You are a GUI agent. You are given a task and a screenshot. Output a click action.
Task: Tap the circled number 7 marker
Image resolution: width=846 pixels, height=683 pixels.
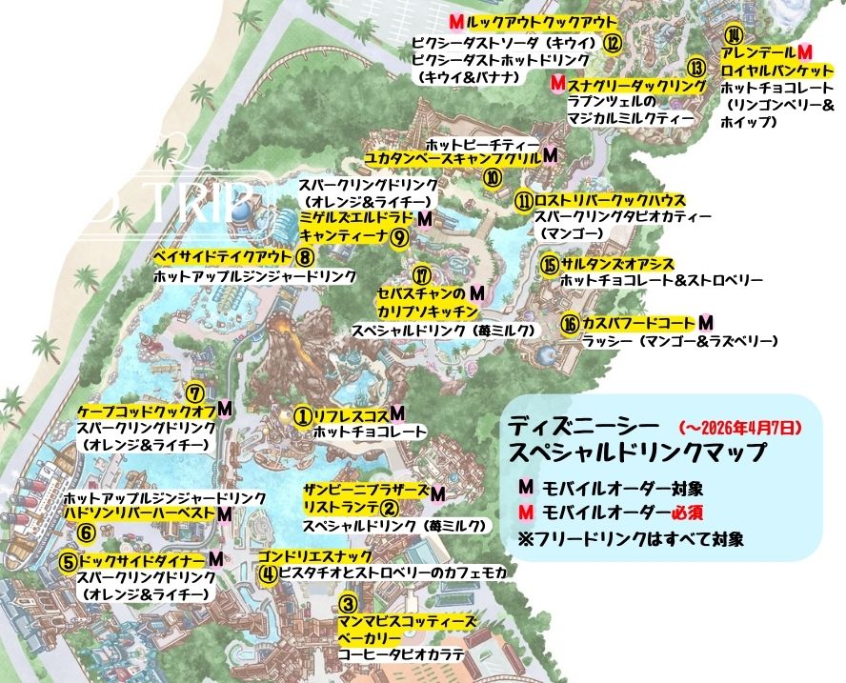pos(194,391)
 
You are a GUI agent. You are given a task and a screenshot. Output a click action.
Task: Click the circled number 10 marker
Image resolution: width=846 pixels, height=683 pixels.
pos(493,177)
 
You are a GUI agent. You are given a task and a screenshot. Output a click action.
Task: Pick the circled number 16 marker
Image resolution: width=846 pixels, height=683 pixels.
pos(569,324)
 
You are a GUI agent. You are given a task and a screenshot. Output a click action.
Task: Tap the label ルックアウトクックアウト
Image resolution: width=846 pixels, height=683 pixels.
pos(537,21)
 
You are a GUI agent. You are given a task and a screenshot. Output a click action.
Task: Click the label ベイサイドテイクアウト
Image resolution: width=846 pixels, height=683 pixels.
pos(221,256)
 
